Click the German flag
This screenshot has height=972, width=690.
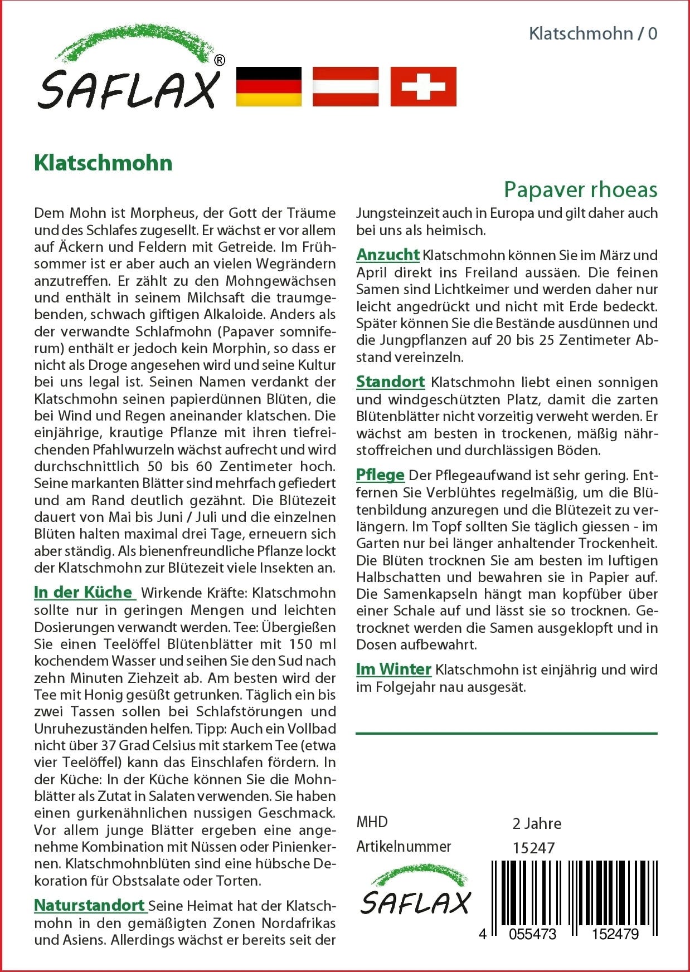click(269, 86)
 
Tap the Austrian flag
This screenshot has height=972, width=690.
click(346, 86)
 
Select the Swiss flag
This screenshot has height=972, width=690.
click(423, 86)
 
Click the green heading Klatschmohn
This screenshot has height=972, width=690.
click(103, 163)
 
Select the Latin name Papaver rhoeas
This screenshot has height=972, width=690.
click(580, 189)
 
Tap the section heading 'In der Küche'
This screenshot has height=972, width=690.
click(84, 592)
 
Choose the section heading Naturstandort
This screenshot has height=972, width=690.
click(90, 905)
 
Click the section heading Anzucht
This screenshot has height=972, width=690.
click(387, 255)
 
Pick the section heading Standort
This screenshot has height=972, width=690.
click(390, 382)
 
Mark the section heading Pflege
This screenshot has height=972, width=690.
click(380, 475)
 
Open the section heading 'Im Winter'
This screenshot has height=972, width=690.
click(393, 669)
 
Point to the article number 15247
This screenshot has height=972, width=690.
click(533, 848)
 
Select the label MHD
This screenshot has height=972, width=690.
click(372, 822)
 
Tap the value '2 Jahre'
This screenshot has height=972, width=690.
click(537, 823)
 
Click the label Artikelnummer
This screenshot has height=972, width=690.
click(404, 847)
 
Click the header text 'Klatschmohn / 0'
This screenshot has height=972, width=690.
click(592, 33)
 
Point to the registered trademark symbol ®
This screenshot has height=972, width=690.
click(220, 60)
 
